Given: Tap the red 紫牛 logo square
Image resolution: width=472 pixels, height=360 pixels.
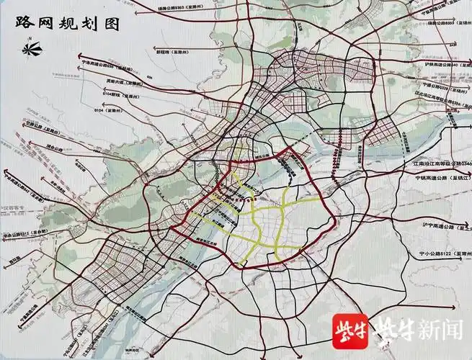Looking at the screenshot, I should (349, 331).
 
